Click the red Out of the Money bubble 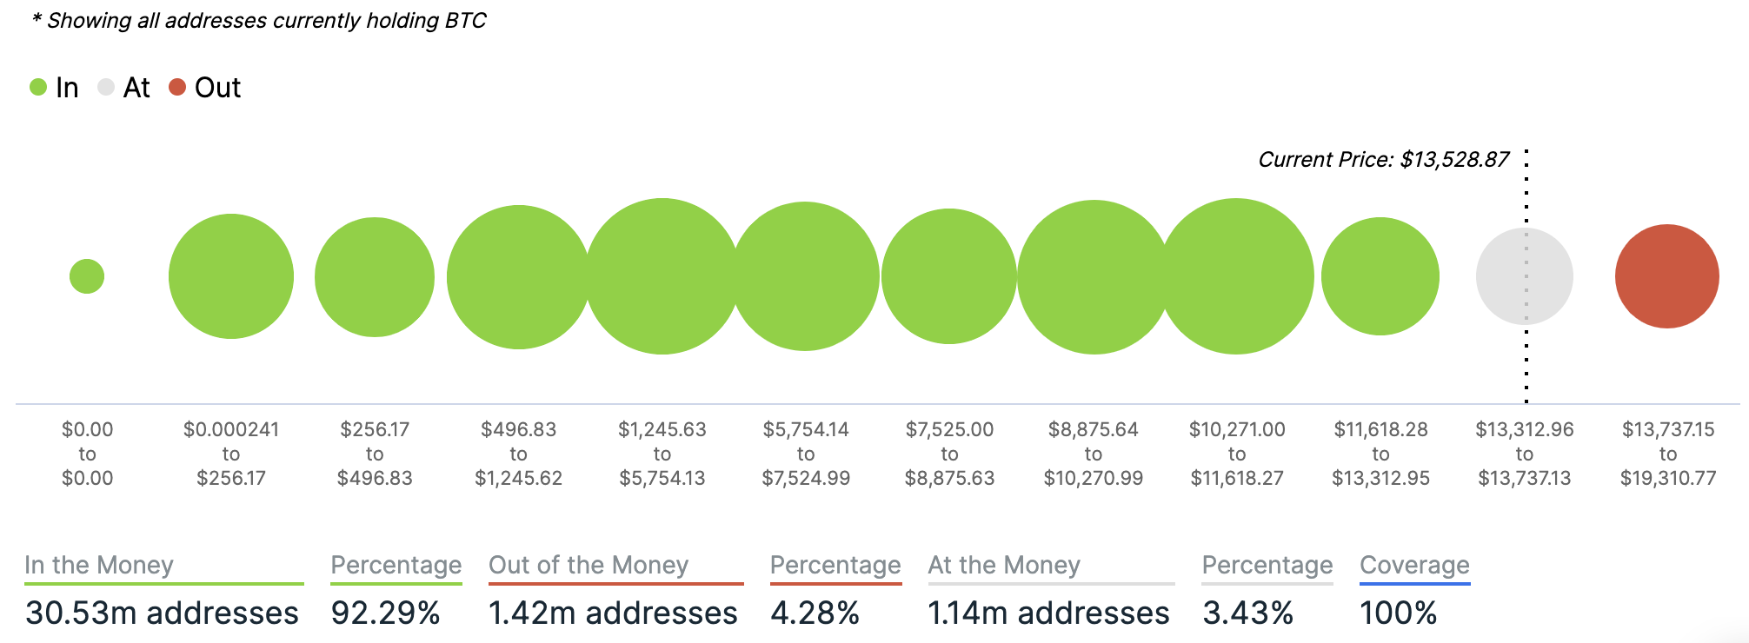(x=1666, y=276)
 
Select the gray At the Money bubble (x=1524, y=276)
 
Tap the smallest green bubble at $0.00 (x=87, y=276)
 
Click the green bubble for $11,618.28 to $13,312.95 (x=1380, y=276)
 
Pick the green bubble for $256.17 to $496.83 (x=375, y=276)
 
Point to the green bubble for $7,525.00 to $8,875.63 (x=948, y=276)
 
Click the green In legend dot (x=38, y=87)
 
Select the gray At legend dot (x=106, y=87)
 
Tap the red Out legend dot (x=177, y=87)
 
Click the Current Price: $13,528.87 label (x=1383, y=160)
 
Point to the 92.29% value (x=385, y=613)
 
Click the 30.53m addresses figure (x=162, y=613)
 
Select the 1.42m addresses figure (x=613, y=613)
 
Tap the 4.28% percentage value (x=815, y=613)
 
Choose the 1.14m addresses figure (x=1048, y=613)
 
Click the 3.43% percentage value (x=1247, y=613)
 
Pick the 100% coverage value (x=1398, y=613)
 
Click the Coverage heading (x=1414, y=565)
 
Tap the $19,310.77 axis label (x=1668, y=478)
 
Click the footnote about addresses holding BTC (x=259, y=21)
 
